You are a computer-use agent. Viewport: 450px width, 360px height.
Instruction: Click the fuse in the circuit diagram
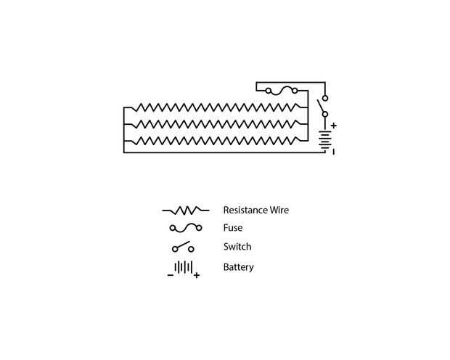(x=281, y=91)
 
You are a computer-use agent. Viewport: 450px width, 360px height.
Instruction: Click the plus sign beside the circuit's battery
(x=334, y=126)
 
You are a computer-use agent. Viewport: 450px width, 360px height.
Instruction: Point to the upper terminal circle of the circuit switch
(x=325, y=97)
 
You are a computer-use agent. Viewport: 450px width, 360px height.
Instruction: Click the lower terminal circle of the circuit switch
(x=325, y=114)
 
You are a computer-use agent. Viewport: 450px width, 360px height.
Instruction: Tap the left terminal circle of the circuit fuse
(x=269, y=91)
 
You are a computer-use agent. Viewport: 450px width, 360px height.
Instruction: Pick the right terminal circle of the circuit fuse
(x=294, y=91)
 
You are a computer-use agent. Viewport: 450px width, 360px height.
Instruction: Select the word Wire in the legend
(x=279, y=210)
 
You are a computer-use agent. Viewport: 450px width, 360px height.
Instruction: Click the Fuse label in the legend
(x=233, y=228)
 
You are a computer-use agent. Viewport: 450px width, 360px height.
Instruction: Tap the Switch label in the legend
(x=237, y=247)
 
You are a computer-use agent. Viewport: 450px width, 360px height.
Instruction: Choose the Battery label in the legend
(x=239, y=267)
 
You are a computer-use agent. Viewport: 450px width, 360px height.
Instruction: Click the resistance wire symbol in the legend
(x=185, y=210)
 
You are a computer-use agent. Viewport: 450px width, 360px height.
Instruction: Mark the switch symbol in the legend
(x=183, y=247)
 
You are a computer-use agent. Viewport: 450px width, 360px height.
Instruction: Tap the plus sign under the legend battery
(x=196, y=276)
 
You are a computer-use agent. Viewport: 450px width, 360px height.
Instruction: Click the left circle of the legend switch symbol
(x=175, y=249)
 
